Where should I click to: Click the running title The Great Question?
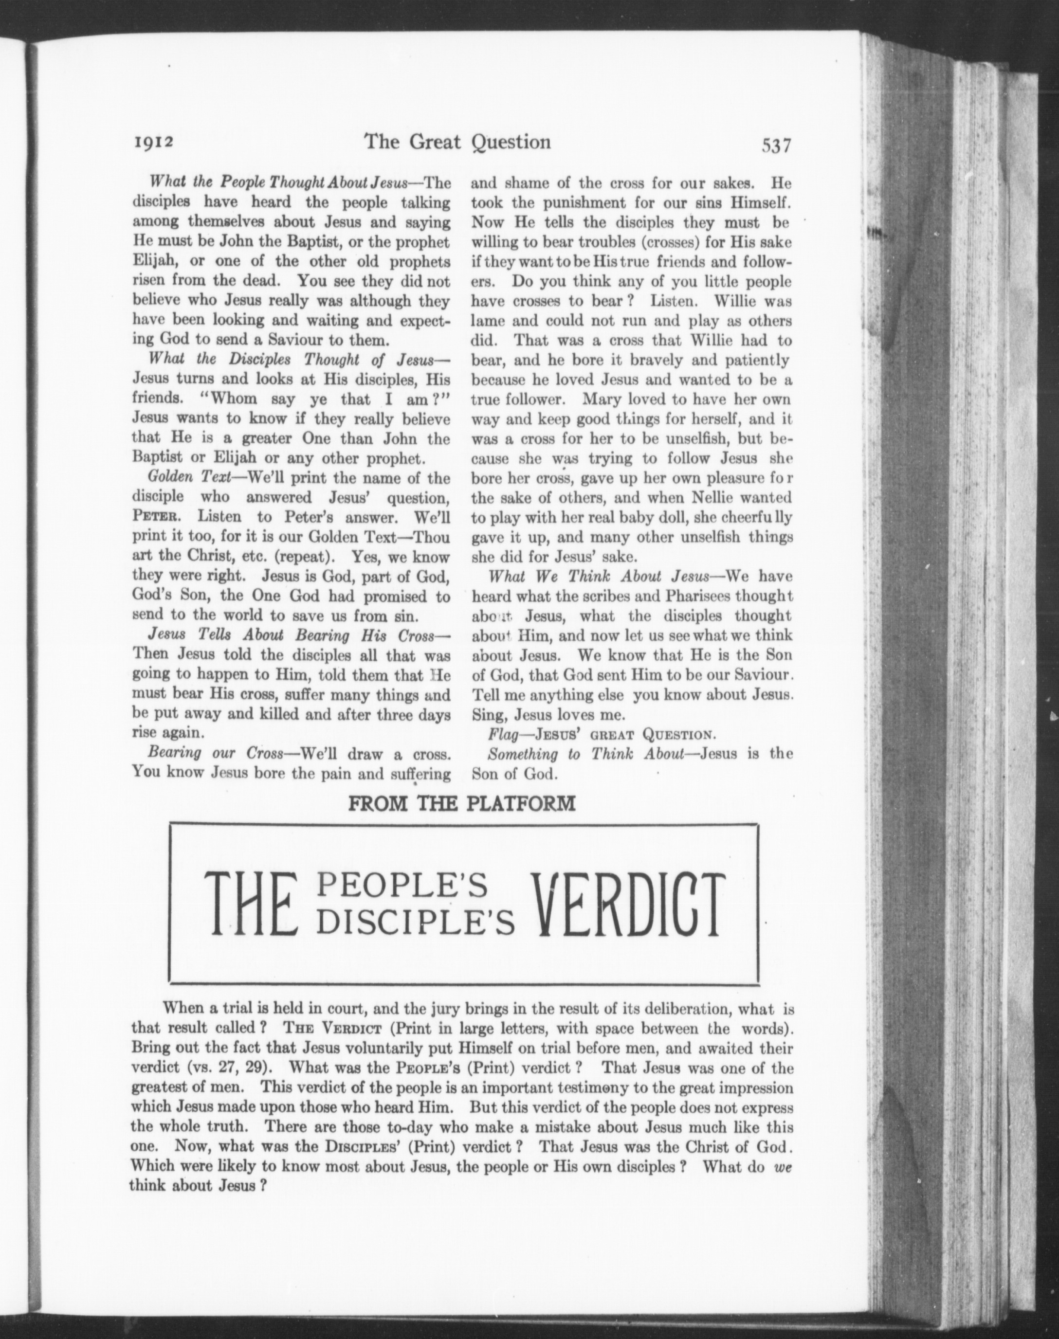click(x=457, y=142)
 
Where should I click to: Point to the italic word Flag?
click(x=503, y=735)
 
